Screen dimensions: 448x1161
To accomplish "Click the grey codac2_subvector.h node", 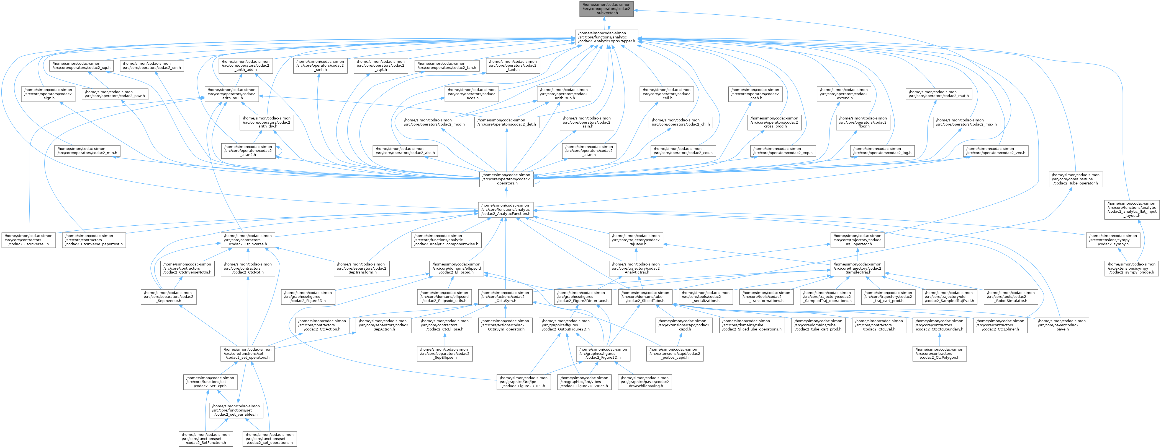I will [x=606, y=9].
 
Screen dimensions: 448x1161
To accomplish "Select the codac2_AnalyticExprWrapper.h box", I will [x=606, y=37].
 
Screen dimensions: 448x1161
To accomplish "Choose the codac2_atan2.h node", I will [x=249, y=151].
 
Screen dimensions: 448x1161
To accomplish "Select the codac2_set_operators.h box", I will [x=246, y=353].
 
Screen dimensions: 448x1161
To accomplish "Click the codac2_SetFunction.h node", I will [x=206, y=439].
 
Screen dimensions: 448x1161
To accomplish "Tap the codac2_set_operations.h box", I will [x=269, y=439].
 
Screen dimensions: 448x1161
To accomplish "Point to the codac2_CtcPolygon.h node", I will [x=939, y=353].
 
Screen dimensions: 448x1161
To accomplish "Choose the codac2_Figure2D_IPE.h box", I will [x=523, y=382].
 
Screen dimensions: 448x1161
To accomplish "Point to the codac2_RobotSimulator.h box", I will [x=1010, y=297].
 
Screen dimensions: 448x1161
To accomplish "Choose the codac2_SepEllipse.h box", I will [x=445, y=353].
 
